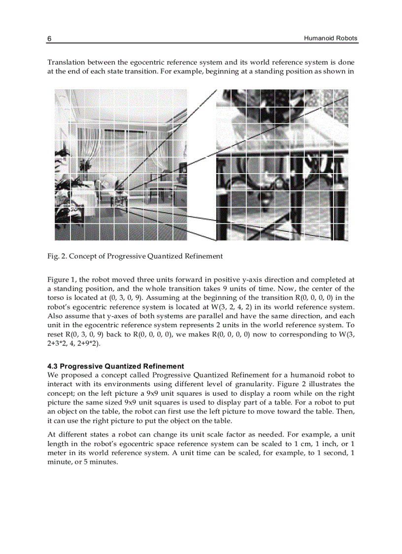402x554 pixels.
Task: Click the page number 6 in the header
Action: click(x=49, y=38)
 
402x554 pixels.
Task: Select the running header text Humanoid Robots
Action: click(x=331, y=38)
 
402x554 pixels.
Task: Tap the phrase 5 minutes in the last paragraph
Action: click(x=101, y=462)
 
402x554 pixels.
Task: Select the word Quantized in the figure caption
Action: click(x=163, y=256)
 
